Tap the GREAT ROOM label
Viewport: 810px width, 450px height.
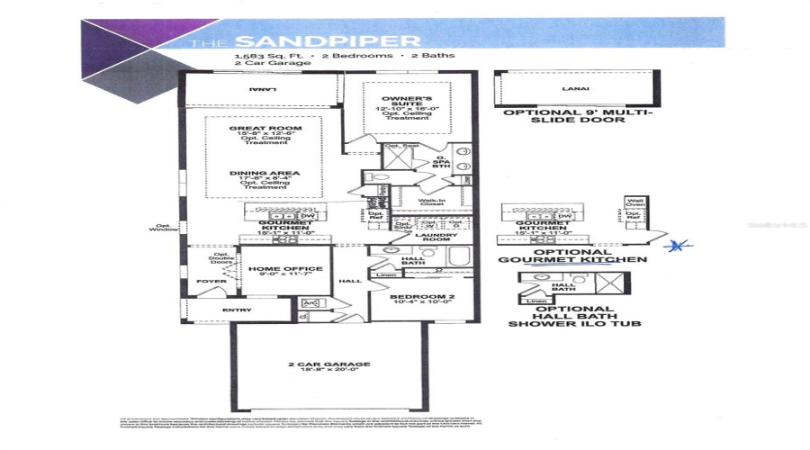pyautogui.click(x=265, y=129)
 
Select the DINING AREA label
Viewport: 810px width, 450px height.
pyautogui.click(x=265, y=173)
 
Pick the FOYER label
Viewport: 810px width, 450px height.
pyautogui.click(x=211, y=281)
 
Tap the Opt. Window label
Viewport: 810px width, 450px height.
pyautogui.click(x=163, y=229)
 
